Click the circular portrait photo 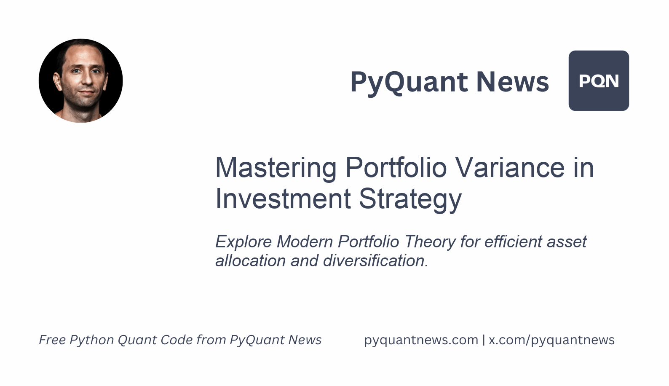point(80,80)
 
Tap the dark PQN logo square point(599,80)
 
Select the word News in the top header point(512,82)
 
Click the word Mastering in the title point(276,168)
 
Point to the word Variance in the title point(510,168)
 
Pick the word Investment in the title point(283,198)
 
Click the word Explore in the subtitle point(244,242)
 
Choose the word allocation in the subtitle point(251,261)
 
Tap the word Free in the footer point(52,340)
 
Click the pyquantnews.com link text point(421,340)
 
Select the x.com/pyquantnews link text point(551,340)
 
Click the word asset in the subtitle point(567,242)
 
